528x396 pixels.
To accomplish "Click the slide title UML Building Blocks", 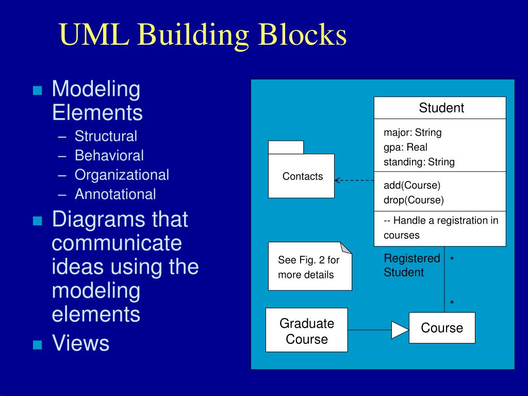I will pos(202,35).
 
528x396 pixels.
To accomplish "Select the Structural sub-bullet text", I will pos(106,136).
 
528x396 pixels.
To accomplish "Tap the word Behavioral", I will pos(109,155).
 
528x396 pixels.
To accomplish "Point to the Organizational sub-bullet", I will pos(122,175).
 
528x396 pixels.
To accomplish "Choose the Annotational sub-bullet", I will pos(115,194).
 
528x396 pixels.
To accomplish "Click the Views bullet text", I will pos(80,343).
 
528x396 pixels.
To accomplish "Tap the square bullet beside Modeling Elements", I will pos(37,91).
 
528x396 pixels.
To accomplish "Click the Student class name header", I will pos(441,108).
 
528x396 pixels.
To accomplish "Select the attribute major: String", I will pos(412,133).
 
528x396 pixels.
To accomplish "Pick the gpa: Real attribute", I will pos(405,147).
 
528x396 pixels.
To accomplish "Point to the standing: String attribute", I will pos(419,162).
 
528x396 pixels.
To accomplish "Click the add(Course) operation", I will pos(411,185).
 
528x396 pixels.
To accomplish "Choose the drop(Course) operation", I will pos(414,200).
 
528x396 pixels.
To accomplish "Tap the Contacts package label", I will pos(302,176).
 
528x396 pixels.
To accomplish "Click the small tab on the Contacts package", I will pos(286,147).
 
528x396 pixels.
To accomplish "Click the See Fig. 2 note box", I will pos(309,267).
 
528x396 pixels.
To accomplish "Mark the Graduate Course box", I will pos(306,331).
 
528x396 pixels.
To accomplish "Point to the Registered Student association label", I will pos(411,265).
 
